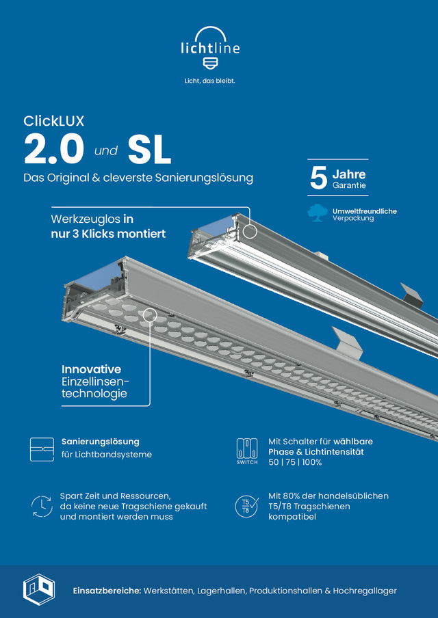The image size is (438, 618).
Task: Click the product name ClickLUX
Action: coord(54,122)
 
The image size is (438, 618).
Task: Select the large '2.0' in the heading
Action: coord(54,150)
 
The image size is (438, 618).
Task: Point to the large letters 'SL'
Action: coord(149,150)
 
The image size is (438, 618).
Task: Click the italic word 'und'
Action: coord(106,150)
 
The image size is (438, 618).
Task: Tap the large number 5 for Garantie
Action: coord(318,178)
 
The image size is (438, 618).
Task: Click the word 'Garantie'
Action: coord(349,185)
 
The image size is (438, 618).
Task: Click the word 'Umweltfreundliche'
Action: coord(364,211)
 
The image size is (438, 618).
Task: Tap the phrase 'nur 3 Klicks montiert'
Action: coord(109,233)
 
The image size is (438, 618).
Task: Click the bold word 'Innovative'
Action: coord(91,369)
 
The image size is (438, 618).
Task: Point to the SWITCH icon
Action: coord(246,451)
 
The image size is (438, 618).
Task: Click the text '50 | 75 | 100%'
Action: coord(295,462)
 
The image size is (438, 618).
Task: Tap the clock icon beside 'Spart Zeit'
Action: coord(42,507)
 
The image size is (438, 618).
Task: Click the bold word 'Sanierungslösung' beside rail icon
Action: coord(100,442)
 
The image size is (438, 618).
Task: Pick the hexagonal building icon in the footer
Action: coord(38,589)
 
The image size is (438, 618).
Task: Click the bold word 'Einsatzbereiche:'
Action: coord(106,590)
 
